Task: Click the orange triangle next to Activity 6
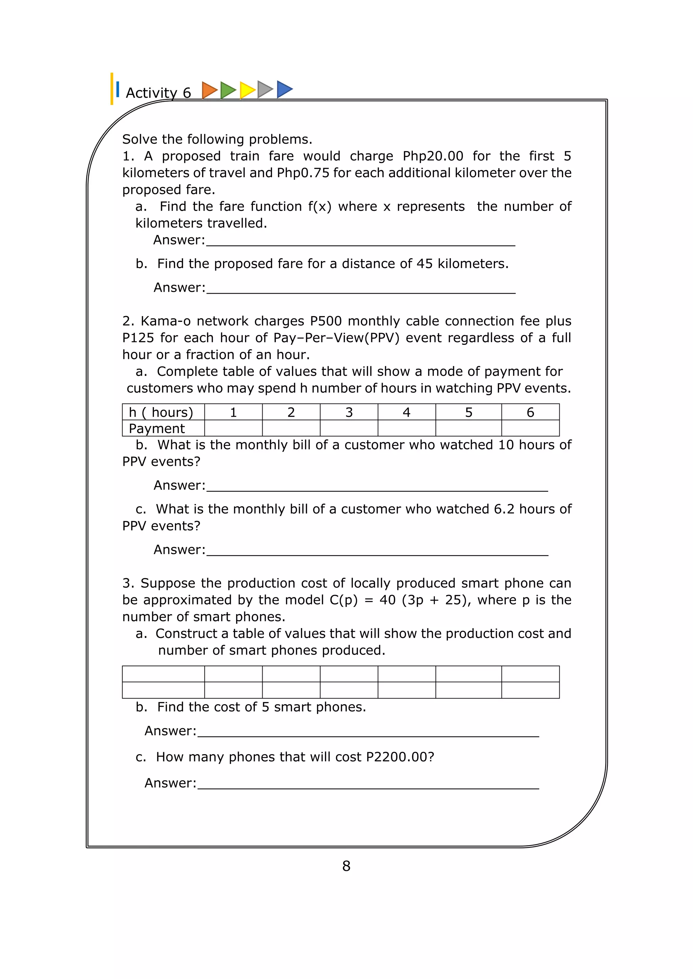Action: (209, 90)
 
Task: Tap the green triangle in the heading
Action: (227, 90)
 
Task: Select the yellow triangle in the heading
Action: (247, 90)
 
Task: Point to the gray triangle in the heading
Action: (265, 90)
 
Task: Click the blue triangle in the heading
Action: (284, 89)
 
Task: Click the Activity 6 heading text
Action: (158, 93)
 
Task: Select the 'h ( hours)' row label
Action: (161, 412)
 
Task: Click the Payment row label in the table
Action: (157, 428)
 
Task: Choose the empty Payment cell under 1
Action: (233, 428)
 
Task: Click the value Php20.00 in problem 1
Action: (433, 156)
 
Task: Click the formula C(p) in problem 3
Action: (343, 600)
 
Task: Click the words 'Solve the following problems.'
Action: (217, 139)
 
